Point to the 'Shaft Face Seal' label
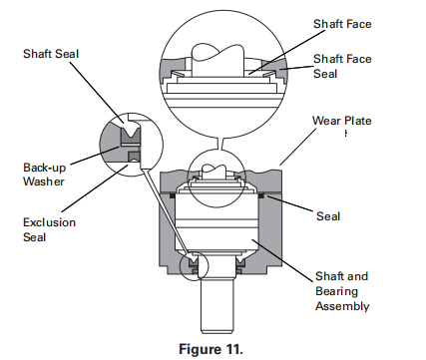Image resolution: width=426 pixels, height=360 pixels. coord(341,65)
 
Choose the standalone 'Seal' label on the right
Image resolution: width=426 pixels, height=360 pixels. coord(328,215)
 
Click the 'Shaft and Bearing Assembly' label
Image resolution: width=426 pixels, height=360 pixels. coord(342,291)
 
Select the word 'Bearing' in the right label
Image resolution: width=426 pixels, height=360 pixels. coord(336,291)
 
